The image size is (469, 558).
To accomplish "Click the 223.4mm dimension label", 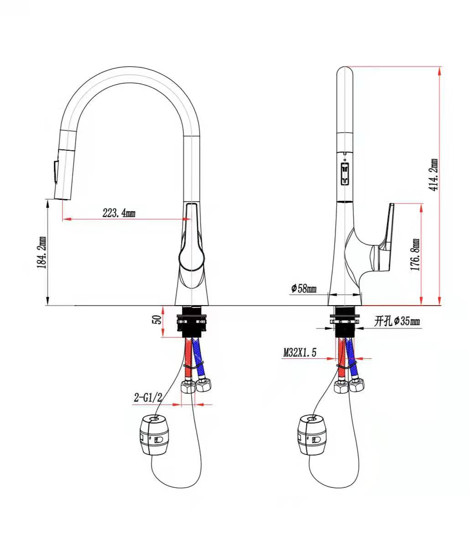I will [x=119, y=213].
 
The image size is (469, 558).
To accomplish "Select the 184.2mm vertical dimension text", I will [x=42, y=252].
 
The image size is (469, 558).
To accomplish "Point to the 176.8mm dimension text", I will [x=415, y=255].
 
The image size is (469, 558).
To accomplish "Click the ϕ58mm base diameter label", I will [x=303, y=288].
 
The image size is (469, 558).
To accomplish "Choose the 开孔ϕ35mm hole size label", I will [x=397, y=322].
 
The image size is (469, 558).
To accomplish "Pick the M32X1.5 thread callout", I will [x=300, y=352].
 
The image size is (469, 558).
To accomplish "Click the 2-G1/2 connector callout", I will [x=148, y=398].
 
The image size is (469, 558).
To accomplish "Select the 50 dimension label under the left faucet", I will [x=156, y=319].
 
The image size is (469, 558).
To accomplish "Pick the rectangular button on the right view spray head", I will [x=345, y=174].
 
